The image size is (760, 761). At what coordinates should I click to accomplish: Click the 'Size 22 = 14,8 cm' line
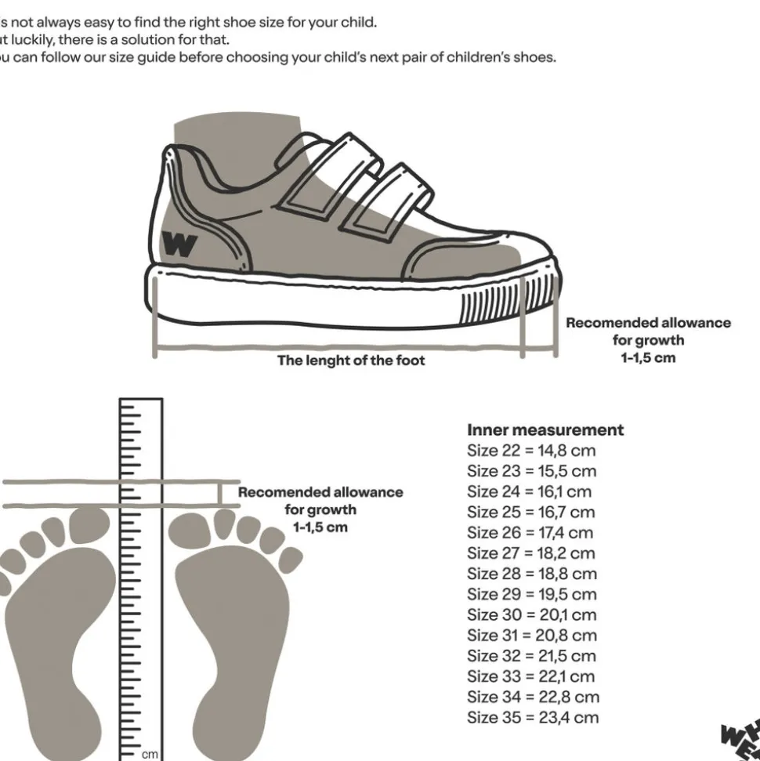(531, 451)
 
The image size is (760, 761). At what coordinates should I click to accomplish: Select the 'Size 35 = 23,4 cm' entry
(533, 717)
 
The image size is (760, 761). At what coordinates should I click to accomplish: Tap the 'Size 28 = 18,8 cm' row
(532, 574)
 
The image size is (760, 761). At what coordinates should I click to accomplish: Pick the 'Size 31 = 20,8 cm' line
(532, 636)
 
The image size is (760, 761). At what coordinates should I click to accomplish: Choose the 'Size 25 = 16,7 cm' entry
(531, 513)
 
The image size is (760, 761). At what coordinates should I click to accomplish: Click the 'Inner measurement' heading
(545, 429)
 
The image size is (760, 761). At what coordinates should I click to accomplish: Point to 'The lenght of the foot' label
(351, 361)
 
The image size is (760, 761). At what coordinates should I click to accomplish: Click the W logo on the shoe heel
(180, 245)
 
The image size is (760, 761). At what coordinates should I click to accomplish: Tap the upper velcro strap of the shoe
(329, 173)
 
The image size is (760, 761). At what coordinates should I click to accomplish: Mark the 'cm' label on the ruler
(150, 754)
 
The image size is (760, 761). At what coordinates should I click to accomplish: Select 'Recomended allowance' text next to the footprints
(320, 492)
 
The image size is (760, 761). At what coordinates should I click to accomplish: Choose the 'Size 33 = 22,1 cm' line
(531, 676)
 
